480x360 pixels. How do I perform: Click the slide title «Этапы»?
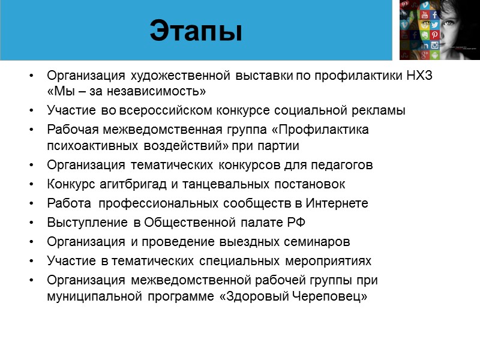click(x=196, y=31)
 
